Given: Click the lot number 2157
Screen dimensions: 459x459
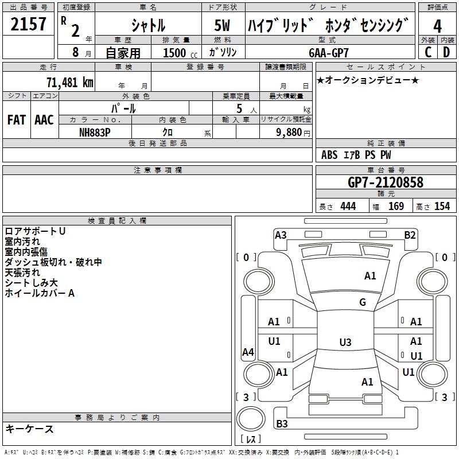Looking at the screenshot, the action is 28,24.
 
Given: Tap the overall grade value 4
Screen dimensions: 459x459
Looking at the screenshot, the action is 437,26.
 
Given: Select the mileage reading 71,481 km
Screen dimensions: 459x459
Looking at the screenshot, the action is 70,83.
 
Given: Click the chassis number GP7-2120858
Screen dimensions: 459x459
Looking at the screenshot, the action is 386,182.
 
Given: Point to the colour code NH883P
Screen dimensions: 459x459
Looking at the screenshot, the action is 95,133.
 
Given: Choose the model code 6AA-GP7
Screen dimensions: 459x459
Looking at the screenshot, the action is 329,53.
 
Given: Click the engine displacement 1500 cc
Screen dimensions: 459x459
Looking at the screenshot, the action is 180,53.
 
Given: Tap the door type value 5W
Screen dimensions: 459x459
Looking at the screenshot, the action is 222,25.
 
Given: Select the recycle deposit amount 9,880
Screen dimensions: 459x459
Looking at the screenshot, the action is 289,133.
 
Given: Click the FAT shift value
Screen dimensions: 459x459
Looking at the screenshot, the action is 17,120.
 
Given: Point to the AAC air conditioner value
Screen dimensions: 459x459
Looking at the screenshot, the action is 44,120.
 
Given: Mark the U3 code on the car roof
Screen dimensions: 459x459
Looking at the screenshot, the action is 345,342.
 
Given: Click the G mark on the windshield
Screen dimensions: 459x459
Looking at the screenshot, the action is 363,302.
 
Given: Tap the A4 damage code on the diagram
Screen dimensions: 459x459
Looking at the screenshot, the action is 248,352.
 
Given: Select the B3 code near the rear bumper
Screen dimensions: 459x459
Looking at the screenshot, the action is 282,423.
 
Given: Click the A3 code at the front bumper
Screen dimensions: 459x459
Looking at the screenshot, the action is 281,235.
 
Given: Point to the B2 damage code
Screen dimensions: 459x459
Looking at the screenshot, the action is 410,235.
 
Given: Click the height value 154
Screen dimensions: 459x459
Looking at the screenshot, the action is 442,206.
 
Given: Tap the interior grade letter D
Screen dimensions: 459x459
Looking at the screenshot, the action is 446,52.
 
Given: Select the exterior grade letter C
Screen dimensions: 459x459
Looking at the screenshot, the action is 428,52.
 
